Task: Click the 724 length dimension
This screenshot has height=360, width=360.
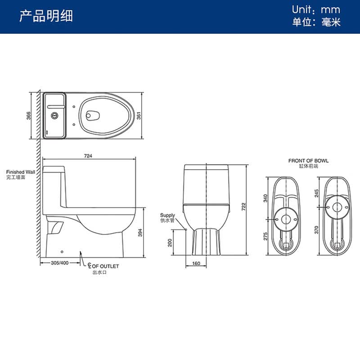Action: click(x=88, y=156)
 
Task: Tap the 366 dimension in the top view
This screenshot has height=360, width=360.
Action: click(x=28, y=116)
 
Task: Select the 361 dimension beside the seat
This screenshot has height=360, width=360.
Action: click(x=139, y=116)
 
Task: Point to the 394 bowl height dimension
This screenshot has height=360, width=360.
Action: click(x=140, y=233)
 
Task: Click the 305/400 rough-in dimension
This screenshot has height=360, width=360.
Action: click(x=60, y=263)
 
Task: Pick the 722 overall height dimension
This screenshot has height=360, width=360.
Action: click(x=243, y=207)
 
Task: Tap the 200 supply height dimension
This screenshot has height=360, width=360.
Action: click(x=170, y=243)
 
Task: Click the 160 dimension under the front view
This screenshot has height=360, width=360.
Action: click(x=196, y=263)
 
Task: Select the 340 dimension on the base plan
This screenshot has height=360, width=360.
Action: click(x=265, y=198)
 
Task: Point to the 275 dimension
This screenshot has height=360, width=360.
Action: click(x=265, y=237)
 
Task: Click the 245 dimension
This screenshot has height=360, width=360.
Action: click(x=317, y=193)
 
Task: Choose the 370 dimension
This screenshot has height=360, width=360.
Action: click(x=317, y=230)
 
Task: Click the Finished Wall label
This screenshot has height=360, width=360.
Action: click(x=21, y=172)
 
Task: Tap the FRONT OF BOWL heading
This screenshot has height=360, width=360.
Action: click(x=308, y=161)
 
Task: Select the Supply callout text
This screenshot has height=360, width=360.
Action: click(x=167, y=216)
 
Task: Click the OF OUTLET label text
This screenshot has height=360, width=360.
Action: click(x=105, y=266)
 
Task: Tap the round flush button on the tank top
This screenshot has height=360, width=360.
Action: click(x=54, y=116)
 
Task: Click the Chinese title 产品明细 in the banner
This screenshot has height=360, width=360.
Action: click(x=46, y=16)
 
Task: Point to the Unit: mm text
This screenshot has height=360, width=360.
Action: click(x=316, y=9)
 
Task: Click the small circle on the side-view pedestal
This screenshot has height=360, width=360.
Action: click(x=62, y=252)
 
